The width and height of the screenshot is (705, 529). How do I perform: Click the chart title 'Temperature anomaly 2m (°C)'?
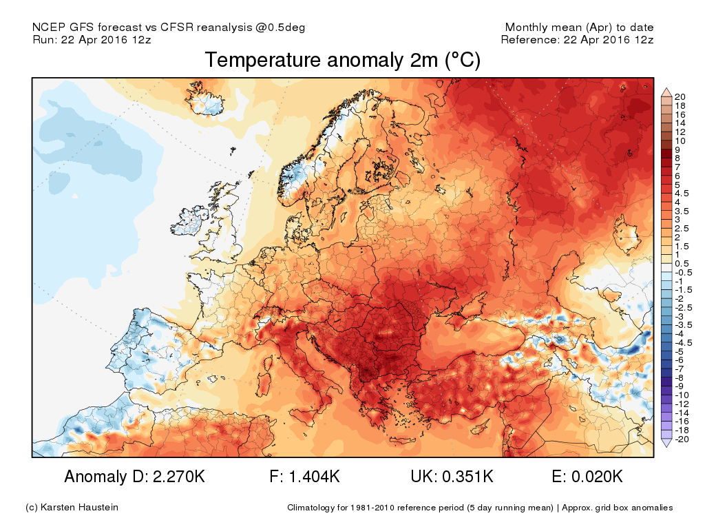click(x=342, y=61)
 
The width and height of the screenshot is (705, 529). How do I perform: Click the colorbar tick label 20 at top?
click(x=680, y=96)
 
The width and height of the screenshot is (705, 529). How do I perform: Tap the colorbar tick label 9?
click(x=678, y=149)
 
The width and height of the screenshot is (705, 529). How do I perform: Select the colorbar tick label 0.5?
click(x=682, y=264)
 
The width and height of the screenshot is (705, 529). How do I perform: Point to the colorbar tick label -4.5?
click(x=684, y=342)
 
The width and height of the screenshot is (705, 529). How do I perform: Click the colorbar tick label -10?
click(x=682, y=395)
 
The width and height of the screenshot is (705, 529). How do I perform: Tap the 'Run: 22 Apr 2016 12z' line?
click(x=92, y=39)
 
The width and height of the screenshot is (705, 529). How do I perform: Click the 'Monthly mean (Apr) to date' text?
click(x=579, y=28)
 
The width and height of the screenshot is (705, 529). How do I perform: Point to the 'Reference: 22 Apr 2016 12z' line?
click(x=577, y=39)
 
